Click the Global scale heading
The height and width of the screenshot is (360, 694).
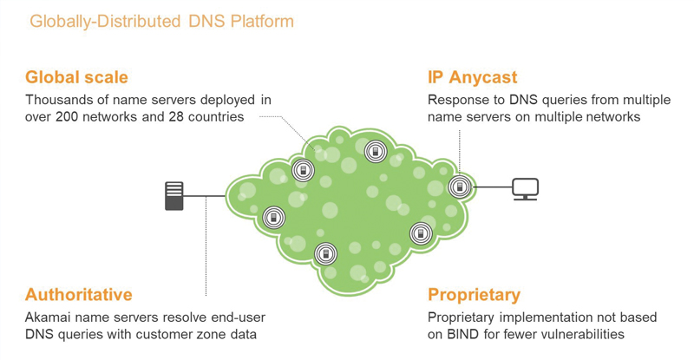[76, 77]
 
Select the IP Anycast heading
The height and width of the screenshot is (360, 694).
[472, 77]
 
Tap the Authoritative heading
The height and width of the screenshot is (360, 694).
[79, 294]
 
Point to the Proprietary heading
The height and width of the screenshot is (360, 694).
[474, 295]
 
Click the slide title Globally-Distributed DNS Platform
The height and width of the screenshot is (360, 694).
[161, 22]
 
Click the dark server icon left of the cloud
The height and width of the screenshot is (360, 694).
[174, 196]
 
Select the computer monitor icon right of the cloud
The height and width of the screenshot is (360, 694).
[526, 189]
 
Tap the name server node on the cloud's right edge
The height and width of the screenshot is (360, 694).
[460, 187]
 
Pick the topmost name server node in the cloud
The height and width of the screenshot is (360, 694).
[376, 152]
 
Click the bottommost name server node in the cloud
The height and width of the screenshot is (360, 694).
[326, 254]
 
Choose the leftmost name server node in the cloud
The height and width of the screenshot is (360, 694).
[274, 218]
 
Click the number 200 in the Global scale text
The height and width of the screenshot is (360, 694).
[68, 117]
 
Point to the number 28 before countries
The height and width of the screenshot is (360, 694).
[176, 117]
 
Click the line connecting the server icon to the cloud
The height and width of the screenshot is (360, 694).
[204, 196]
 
